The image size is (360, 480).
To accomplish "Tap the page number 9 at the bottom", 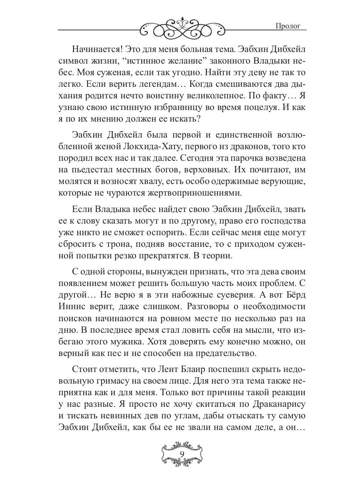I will [182, 454].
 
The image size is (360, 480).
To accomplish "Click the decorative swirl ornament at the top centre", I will [180, 28].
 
